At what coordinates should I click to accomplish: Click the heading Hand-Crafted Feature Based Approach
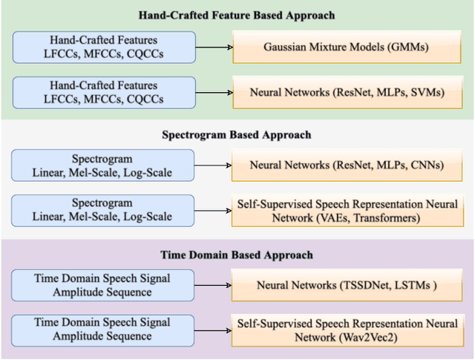click(236, 15)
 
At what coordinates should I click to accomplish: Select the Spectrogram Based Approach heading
click(236, 135)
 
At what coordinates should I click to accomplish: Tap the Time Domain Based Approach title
click(236, 255)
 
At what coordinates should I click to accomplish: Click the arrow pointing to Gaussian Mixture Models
click(214, 48)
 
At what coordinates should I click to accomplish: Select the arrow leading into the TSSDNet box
click(214, 286)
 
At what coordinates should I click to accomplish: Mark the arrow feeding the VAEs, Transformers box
click(214, 212)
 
